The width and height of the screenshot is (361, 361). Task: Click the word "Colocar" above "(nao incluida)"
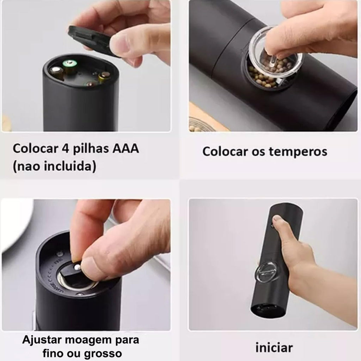[x=36, y=148]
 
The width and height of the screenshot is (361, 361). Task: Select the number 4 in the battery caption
[x=65, y=148]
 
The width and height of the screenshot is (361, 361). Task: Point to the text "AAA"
[x=126, y=148]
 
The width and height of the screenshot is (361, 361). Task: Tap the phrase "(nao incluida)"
[x=54, y=166]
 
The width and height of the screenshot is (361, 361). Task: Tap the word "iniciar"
[x=274, y=347]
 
